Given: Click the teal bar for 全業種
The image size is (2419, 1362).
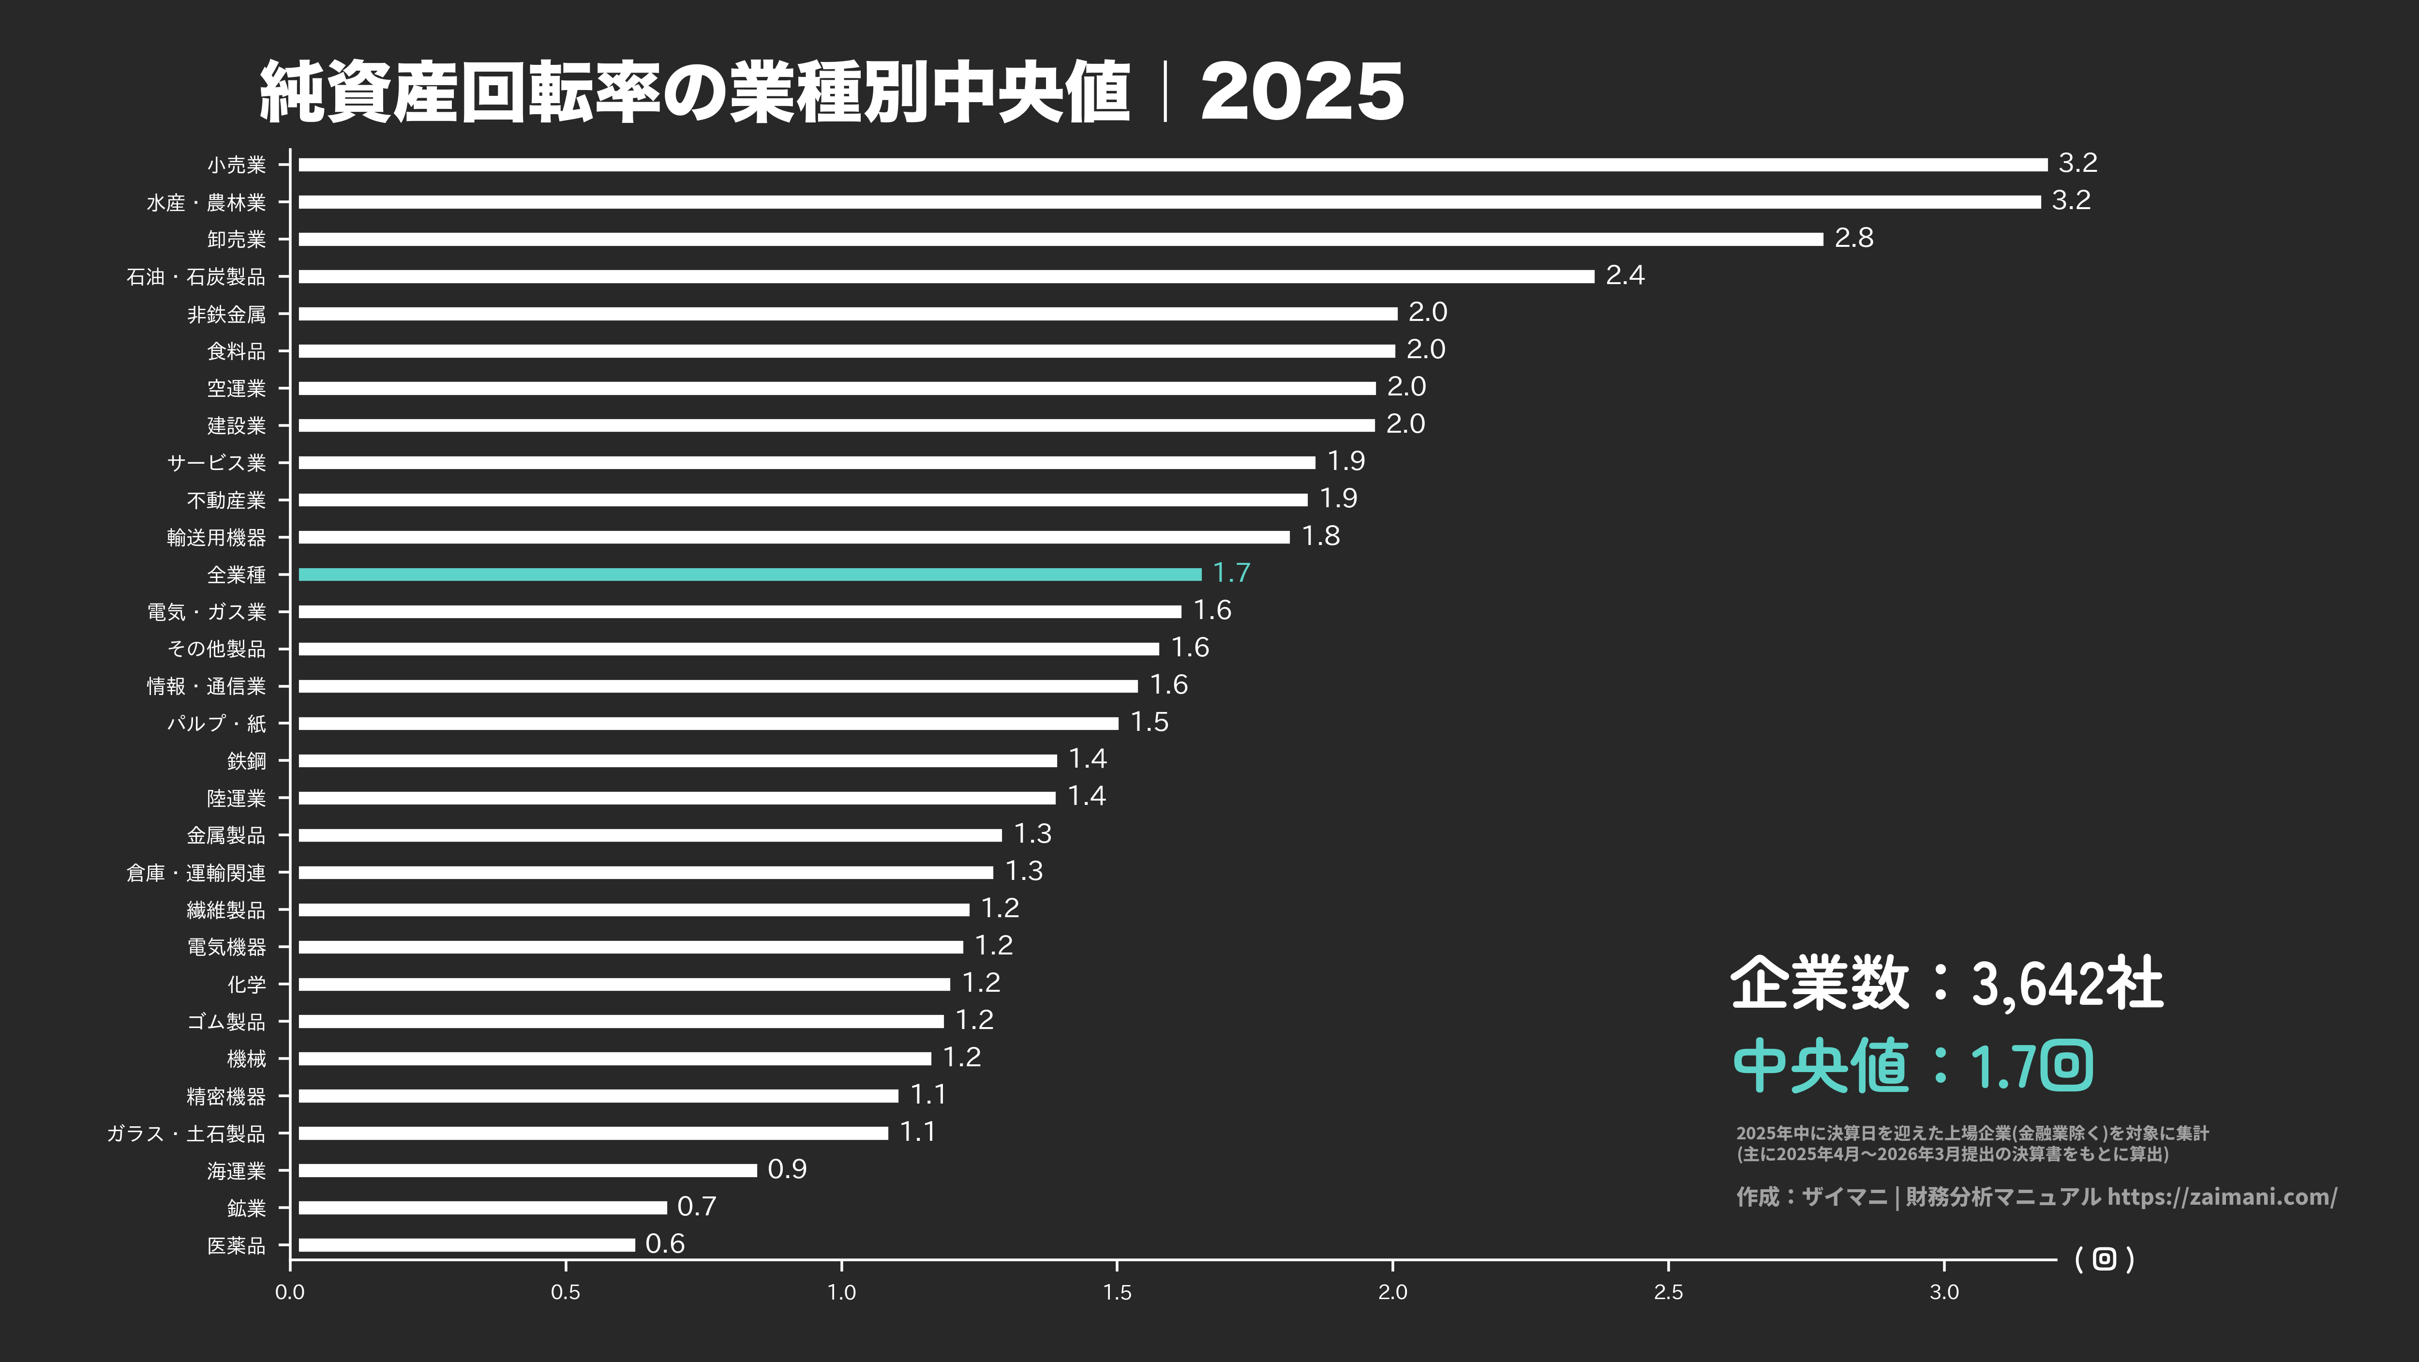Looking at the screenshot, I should [749, 574].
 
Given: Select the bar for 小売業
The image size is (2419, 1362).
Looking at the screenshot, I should [1172, 165].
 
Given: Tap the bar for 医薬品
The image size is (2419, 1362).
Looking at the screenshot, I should [467, 1244].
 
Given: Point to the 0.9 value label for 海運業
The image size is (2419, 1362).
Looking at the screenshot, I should [787, 1169].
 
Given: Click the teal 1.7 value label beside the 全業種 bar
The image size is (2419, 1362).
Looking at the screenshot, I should [1231, 573].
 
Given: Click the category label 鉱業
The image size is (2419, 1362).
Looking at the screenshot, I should [246, 1208].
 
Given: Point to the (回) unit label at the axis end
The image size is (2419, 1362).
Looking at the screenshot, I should [2105, 1259].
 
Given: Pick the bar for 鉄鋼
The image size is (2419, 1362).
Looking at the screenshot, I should [677, 760].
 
